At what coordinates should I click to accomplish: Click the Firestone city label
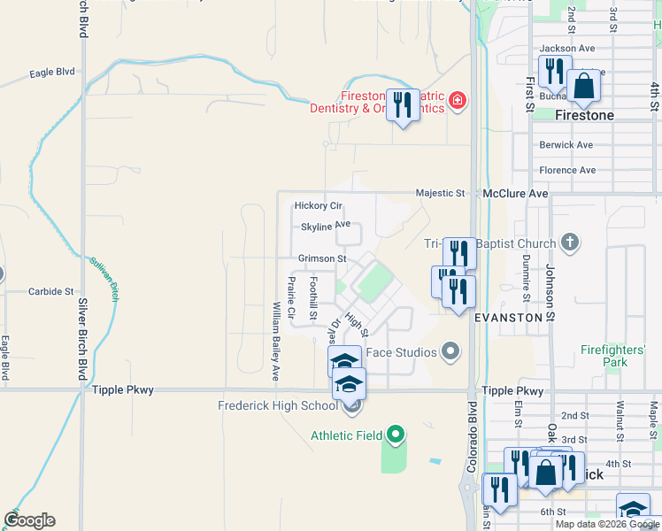click(x=583, y=116)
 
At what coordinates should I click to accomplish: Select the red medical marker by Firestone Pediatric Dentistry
click(x=457, y=102)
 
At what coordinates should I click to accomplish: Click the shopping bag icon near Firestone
click(x=583, y=87)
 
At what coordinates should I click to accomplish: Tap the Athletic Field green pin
click(x=396, y=435)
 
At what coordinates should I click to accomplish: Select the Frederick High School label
click(x=278, y=406)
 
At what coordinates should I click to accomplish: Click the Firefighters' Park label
click(x=615, y=356)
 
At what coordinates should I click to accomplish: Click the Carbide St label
click(x=50, y=291)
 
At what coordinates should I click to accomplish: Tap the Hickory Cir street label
click(x=318, y=205)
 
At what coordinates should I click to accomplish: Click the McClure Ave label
click(x=516, y=193)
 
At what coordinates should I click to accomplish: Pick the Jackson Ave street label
click(x=567, y=48)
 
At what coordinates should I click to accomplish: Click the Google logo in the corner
click(x=29, y=520)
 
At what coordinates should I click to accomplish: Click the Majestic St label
click(x=441, y=193)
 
